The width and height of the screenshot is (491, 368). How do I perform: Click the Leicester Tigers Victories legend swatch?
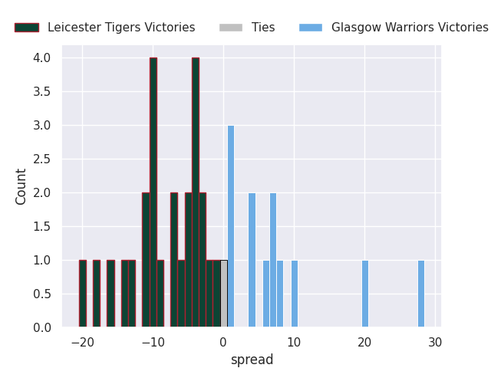coord(27,28)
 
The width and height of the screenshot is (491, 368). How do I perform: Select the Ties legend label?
coord(263,28)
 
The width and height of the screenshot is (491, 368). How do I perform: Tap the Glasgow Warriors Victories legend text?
coord(410,28)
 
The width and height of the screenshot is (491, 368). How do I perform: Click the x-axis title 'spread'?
coord(252,360)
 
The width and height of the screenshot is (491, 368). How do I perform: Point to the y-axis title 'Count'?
coord(21,186)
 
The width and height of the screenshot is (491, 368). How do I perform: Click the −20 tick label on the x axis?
coord(82,343)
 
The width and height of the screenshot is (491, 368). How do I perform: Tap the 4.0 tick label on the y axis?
coord(41,58)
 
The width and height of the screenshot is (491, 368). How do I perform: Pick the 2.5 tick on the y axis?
coord(41,159)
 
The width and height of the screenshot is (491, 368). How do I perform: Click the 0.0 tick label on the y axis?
coord(41,328)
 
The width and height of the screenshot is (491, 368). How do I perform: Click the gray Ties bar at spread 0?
coord(224,294)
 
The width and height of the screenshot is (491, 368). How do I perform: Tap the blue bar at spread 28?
coord(421,294)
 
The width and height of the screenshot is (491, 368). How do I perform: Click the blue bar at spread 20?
coord(365,294)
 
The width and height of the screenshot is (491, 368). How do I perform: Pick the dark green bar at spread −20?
coord(83,294)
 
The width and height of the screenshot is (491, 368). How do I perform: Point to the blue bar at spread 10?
coord(295,294)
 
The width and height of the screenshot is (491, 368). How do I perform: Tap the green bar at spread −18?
coord(97,294)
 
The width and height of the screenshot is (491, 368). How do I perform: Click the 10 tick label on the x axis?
coord(295,343)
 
